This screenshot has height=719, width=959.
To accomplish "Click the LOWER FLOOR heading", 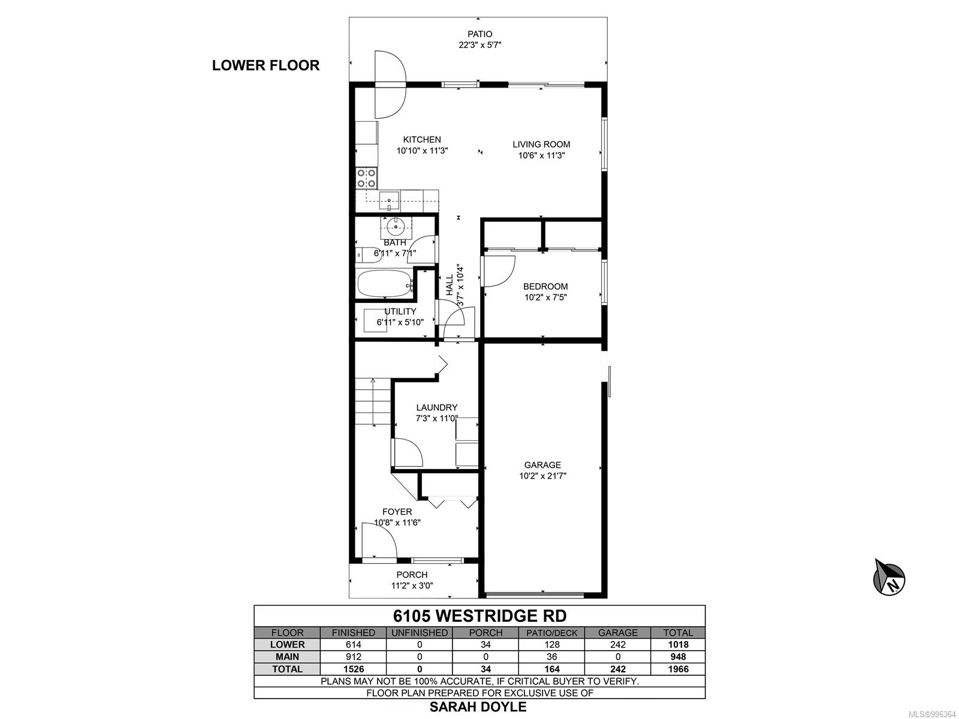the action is (x=266, y=65).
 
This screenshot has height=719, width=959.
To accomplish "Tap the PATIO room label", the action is (x=479, y=34).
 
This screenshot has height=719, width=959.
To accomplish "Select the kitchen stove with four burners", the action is (x=366, y=178).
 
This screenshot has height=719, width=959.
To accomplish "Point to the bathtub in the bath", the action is (x=385, y=284).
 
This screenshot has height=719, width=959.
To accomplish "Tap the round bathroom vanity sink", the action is (x=396, y=227).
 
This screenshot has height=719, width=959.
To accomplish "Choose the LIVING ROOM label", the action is (x=541, y=145).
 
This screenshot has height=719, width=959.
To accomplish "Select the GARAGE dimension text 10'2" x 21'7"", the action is (x=542, y=476).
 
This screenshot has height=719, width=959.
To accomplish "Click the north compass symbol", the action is (x=889, y=577).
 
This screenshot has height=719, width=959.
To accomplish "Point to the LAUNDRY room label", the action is (x=436, y=407).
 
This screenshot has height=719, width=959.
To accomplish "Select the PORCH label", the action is (x=412, y=574).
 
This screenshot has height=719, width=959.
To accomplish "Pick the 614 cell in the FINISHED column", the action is (x=353, y=644).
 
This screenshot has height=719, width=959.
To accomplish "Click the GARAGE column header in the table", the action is (x=618, y=633).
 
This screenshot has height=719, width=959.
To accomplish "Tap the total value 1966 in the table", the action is (x=678, y=669).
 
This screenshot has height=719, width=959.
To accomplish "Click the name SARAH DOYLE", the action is (x=478, y=707).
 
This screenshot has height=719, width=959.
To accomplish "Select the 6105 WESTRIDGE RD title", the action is (x=479, y=616).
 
